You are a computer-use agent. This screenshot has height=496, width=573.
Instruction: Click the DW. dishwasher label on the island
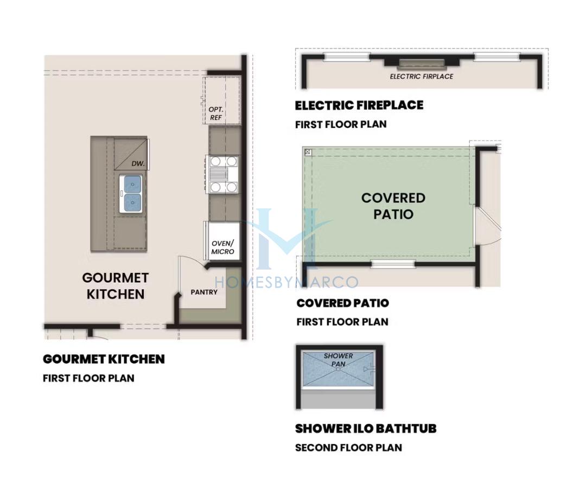coord(138,164)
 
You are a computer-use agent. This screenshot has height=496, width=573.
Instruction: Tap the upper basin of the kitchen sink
coord(132,184)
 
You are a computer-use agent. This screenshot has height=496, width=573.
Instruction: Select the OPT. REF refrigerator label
coord(216,113)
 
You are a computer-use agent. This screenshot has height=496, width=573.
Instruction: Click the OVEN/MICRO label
coord(222,247)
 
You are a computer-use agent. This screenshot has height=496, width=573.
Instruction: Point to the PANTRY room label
coord(204,292)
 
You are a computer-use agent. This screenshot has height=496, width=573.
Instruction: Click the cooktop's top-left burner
coord(215,161)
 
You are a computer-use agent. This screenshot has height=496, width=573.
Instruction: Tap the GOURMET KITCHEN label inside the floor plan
coord(116,286)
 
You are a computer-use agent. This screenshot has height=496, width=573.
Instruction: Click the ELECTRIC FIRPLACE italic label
coord(422,77)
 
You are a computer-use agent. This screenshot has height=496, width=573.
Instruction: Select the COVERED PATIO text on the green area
coord(393,206)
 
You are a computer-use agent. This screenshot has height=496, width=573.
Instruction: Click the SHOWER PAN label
coord(339,360)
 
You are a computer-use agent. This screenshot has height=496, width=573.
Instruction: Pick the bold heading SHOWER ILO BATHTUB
coord(366,428)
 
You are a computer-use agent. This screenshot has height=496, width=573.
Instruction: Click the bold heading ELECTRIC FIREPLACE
coord(359,105)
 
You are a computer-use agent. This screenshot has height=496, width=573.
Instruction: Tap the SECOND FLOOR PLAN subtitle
coord(348,448)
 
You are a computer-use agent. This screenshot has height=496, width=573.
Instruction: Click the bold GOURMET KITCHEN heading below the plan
coord(104,359)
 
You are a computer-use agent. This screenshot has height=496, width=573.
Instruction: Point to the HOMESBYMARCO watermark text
coord(286,282)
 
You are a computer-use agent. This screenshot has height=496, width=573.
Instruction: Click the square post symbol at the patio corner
coord(308,152)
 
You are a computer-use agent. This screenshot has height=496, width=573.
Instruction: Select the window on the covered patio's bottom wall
coord(393,264)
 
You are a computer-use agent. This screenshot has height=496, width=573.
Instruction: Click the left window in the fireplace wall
coord(347,56)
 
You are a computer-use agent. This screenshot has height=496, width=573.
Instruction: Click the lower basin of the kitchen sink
coord(132,202)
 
